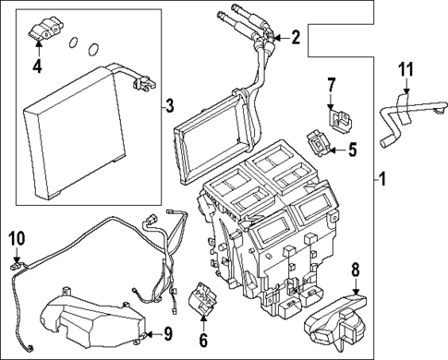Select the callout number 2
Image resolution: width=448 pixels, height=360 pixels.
(x=296, y=38)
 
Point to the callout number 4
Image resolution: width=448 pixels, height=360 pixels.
(x=38, y=66)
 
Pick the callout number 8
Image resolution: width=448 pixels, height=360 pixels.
(x=354, y=270)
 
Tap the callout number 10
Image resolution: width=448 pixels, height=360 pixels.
(x=16, y=239)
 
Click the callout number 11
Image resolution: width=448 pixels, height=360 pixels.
(x=404, y=70)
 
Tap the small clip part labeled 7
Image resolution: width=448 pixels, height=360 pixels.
(x=339, y=116)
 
